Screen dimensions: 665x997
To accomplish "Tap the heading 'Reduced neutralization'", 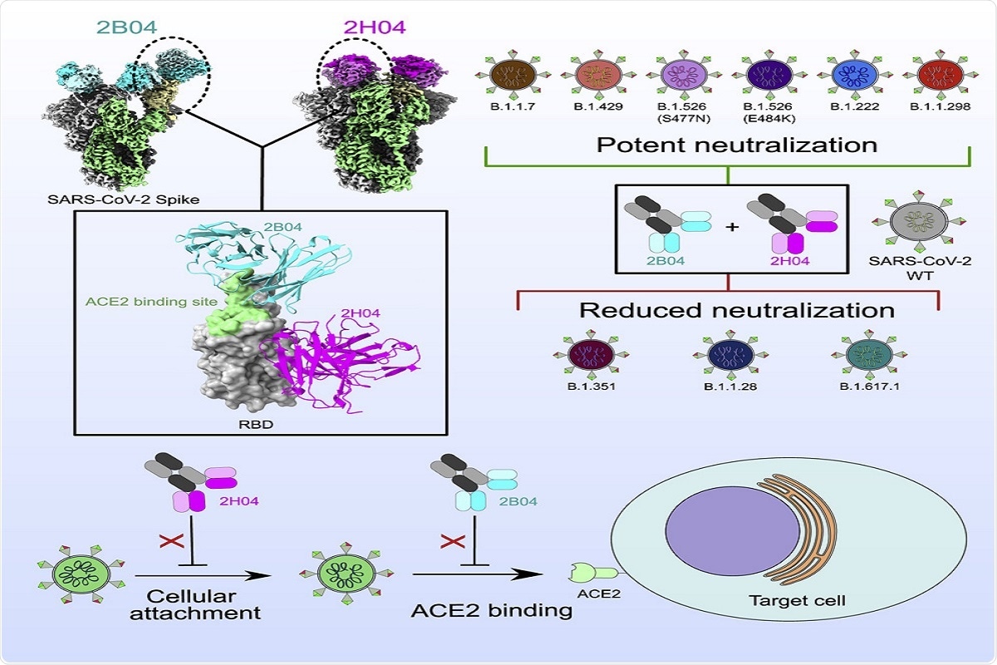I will pos(736,310).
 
